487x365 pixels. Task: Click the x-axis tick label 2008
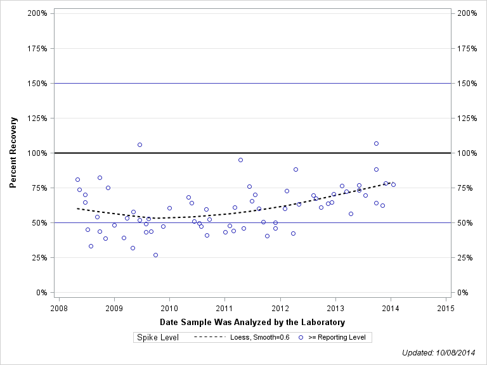58,308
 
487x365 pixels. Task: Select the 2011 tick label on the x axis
224,308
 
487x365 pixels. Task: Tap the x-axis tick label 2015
446,308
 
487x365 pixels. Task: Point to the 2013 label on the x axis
335,308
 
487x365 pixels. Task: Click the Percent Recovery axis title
13,153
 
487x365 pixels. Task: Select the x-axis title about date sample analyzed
252,323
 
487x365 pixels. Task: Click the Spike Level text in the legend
158,337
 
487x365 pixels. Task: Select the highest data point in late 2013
376,143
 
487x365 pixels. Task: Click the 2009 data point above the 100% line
140,144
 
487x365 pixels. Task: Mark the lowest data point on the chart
155,255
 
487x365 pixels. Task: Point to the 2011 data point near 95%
240,160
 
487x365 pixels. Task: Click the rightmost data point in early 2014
393,184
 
